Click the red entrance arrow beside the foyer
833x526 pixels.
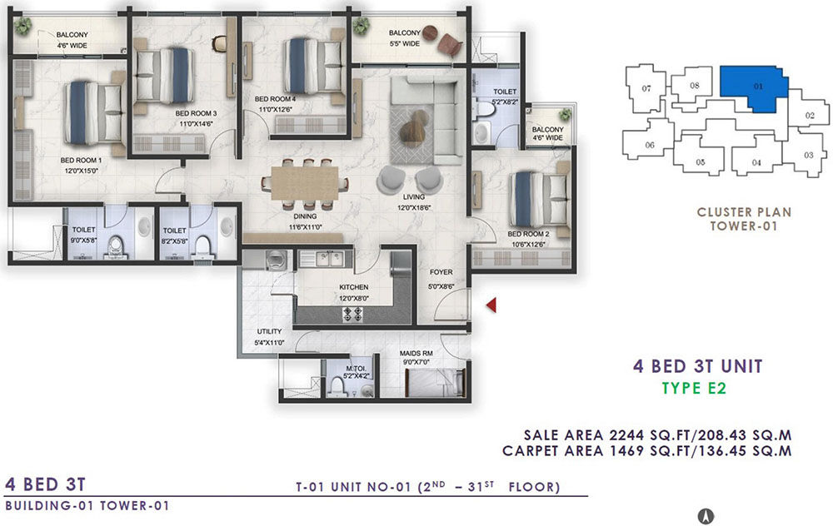coord(492,305)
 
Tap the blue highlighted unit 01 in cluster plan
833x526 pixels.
coord(751,87)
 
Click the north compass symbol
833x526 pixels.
coord(706,515)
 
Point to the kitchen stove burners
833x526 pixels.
coord(352,315)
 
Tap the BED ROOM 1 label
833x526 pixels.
coord(82,160)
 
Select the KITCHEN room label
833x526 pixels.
coord(354,287)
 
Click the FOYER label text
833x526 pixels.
coord(441,272)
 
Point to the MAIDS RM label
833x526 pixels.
coord(416,353)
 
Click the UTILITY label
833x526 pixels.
coord(269,331)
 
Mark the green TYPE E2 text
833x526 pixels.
coord(694,388)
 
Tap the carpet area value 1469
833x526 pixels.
coord(628,451)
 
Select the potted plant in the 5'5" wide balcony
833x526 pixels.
coord(362,26)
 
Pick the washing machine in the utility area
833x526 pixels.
coord(275,261)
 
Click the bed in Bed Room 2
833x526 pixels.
coord(539,199)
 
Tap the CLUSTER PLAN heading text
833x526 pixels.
coord(744,212)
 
